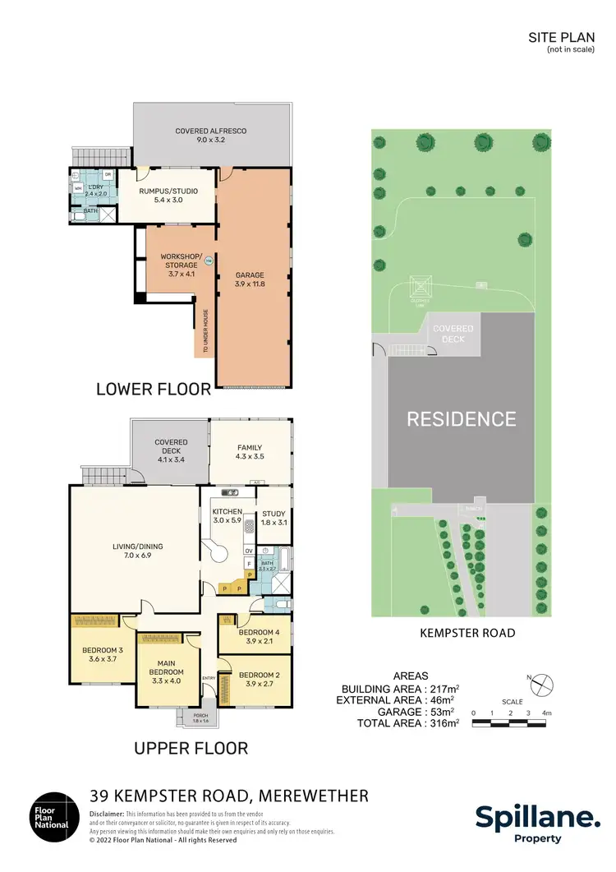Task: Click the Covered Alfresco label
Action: [210, 136]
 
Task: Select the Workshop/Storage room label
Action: [179, 265]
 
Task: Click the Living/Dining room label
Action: [133, 550]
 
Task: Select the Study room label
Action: [274, 518]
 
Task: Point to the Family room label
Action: [251, 451]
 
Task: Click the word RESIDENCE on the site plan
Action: [462, 419]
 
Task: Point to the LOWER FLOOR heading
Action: [154, 389]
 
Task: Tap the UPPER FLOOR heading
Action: [190, 748]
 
